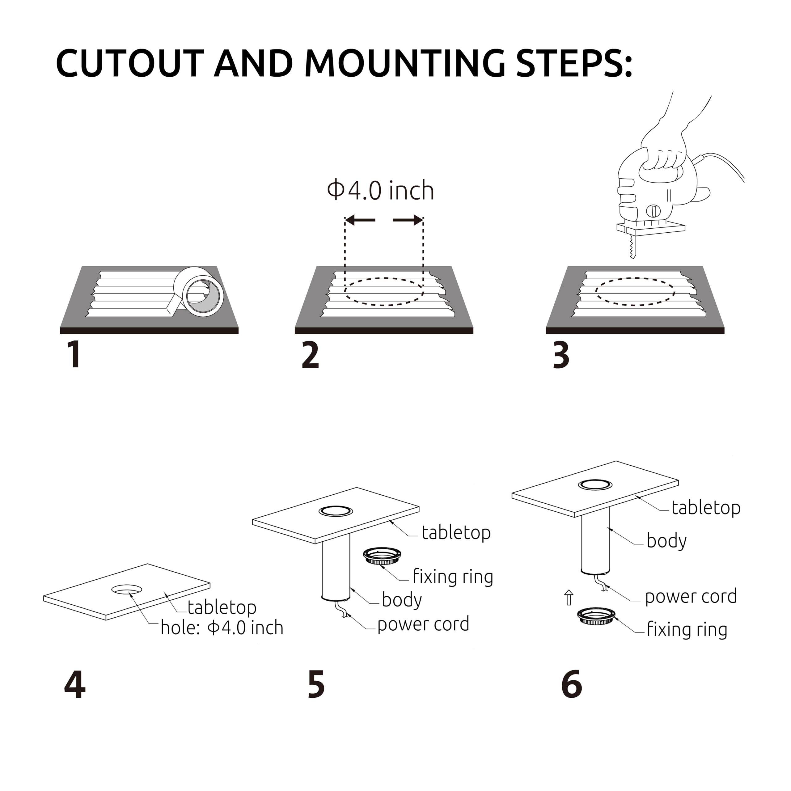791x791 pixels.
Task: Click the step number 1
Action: tap(74, 355)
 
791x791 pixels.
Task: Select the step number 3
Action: tap(561, 355)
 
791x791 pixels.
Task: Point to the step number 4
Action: tap(75, 684)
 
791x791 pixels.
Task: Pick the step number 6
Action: tap(572, 684)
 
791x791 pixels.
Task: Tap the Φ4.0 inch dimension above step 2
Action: tap(380, 191)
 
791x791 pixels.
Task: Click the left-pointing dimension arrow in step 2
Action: tap(360, 220)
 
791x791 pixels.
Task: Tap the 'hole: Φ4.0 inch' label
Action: tap(222, 628)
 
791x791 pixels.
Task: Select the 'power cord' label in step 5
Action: tap(423, 624)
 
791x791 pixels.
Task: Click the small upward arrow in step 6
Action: tap(569, 598)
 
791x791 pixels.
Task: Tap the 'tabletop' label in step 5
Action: tap(456, 533)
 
